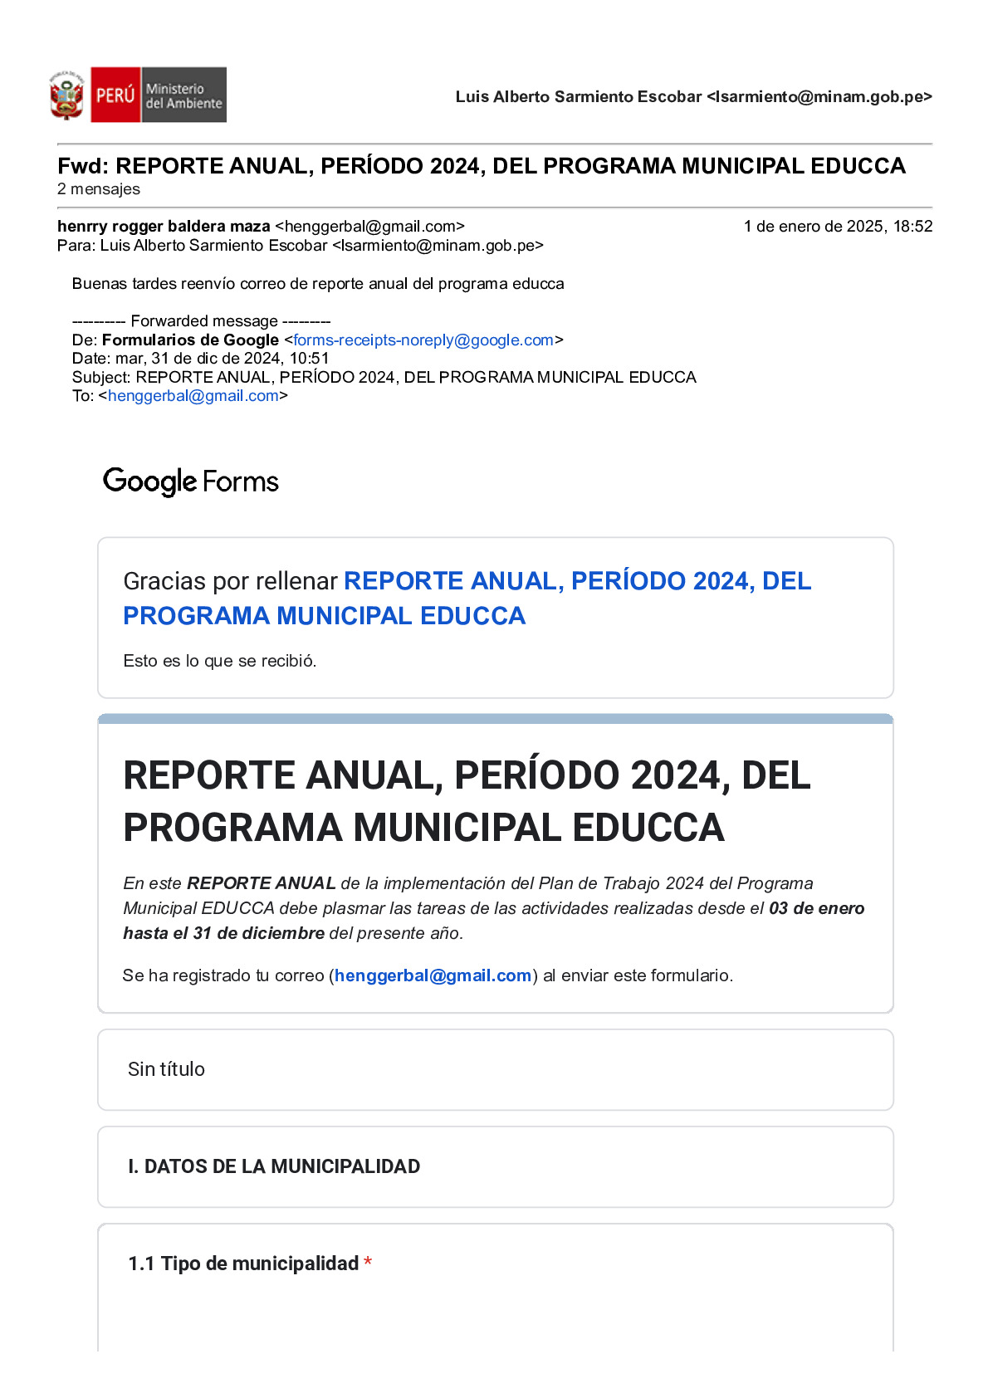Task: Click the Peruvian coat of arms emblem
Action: (66, 95)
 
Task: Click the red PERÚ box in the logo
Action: (115, 95)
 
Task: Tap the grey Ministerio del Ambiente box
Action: (183, 95)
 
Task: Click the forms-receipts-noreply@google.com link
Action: (423, 340)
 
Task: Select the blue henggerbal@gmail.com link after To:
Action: (193, 396)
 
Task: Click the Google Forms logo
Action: (191, 481)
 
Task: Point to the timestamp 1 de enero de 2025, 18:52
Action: (838, 227)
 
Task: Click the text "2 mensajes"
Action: (99, 189)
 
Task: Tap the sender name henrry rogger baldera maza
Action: (164, 227)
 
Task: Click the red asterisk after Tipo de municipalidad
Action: (368, 1263)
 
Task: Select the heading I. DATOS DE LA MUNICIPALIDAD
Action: (274, 1166)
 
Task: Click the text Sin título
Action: (166, 1069)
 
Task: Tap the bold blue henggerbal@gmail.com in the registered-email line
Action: (433, 975)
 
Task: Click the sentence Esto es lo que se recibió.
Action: (220, 661)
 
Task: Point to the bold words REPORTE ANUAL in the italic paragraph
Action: (262, 883)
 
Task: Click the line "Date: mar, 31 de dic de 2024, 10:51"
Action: (200, 359)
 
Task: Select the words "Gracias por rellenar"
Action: (230, 581)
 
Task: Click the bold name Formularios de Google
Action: (190, 340)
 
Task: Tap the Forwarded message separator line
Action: (202, 321)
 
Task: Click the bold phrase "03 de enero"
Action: (817, 908)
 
